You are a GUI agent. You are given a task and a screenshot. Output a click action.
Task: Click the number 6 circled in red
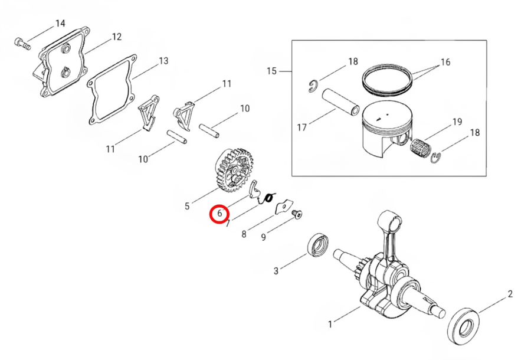[x=220, y=214]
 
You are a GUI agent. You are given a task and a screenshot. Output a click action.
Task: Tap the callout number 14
[x=60, y=24]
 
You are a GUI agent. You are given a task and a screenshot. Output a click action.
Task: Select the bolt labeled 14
[x=22, y=44]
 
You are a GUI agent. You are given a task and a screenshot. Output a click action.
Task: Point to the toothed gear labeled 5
[x=233, y=170]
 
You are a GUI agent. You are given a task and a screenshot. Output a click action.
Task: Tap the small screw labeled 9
[x=297, y=214]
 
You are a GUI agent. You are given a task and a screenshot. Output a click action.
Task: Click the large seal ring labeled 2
[x=463, y=327]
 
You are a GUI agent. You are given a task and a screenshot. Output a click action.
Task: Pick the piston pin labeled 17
[x=340, y=102]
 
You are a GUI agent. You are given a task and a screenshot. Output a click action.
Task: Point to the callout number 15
[x=271, y=71]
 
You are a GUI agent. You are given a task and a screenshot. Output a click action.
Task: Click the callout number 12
[x=116, y=37]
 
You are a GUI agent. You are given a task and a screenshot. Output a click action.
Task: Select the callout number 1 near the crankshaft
[x=330, y=324]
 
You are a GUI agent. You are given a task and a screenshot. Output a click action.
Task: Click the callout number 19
[x=457, y=122]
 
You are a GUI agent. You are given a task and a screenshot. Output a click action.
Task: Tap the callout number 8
[x=244, y=234]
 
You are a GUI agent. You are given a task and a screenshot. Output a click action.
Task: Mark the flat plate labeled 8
[x=283, y=207]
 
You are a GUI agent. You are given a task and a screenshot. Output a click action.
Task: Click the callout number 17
[x=301, y=127]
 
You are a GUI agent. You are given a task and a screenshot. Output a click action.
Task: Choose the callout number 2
[x=510, y=294]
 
